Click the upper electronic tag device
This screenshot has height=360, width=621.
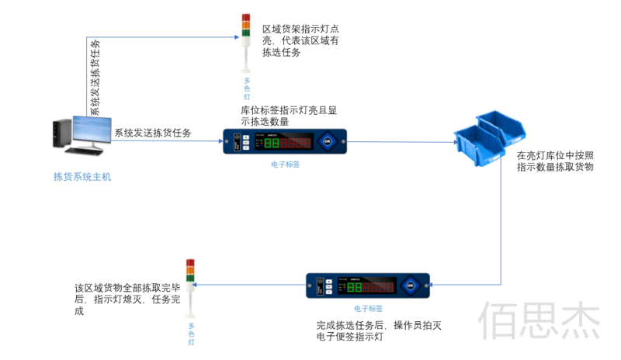[284, 142]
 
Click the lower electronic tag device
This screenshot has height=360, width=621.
[367, 286]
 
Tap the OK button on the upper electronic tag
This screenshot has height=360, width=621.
[327, 142]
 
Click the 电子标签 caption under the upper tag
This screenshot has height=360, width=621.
[285, 164]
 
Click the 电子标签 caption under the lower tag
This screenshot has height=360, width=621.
[368, 308]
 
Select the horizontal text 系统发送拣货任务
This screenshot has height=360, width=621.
[153, 133]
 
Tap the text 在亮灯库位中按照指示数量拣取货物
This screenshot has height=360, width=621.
[555, 161]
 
